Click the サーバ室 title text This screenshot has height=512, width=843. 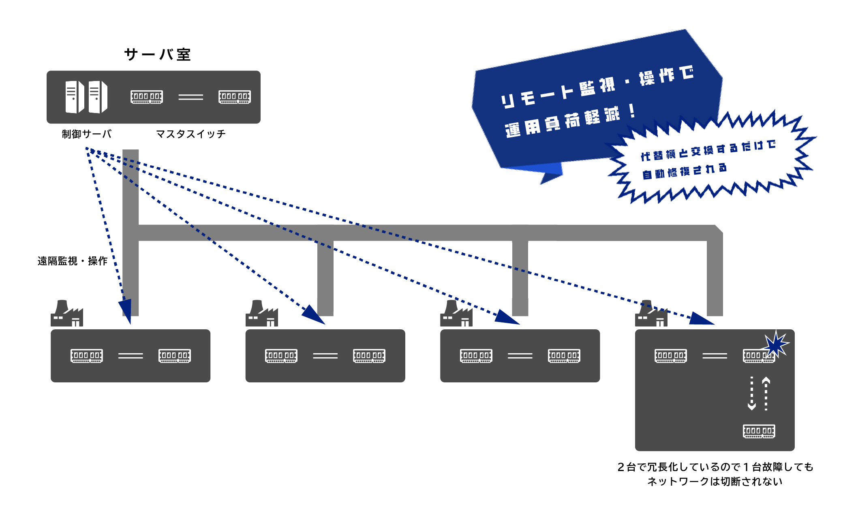[157, 54]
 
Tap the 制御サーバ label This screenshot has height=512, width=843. [86, 134]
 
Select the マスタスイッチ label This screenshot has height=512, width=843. [190, 134]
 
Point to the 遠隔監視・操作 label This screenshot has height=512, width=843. [73, 261]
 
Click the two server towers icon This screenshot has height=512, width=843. [86, 97]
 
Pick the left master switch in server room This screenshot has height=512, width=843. [147, 97]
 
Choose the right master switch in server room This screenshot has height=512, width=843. [235, 97]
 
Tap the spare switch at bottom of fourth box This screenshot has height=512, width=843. [759, 431]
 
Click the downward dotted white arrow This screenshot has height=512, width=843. [752, 393]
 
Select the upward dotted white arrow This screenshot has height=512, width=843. [766, 393]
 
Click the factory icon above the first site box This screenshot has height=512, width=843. [67, 313]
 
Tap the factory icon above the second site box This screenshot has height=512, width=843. [262, 313]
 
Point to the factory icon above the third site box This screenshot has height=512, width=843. [456, 313]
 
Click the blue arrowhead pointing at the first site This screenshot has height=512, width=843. [126, 311]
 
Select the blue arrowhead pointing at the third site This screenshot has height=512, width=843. [506, 317]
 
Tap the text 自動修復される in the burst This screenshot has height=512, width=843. [685, 171]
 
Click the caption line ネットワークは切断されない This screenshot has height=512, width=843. [715, 481]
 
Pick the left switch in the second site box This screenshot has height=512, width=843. [281, 356]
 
